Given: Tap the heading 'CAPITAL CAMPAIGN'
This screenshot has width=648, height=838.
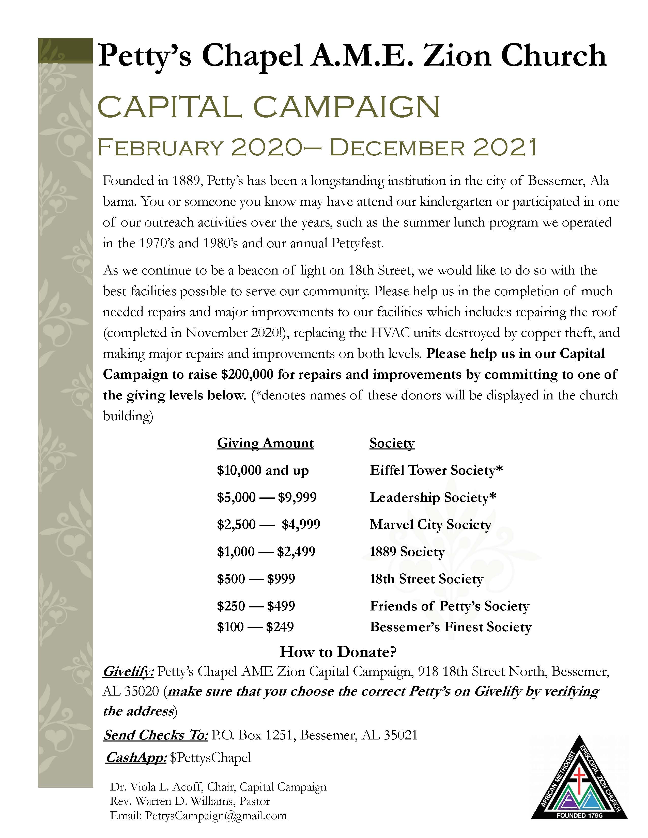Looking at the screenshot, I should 269,107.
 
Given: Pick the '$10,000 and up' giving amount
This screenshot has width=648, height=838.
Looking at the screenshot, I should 263,470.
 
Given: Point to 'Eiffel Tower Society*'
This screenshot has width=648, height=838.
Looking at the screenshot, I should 436,470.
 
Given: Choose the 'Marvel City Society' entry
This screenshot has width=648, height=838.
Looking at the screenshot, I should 430,525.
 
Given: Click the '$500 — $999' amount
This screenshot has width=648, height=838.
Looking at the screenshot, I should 256,579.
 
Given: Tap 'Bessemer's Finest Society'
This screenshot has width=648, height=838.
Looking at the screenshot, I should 450,627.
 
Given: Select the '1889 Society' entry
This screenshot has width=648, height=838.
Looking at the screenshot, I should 407,552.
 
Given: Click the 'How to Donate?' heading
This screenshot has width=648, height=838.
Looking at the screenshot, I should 338,652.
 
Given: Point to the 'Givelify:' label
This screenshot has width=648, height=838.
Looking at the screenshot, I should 129,671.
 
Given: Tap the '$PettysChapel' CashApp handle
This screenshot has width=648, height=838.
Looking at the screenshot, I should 210,758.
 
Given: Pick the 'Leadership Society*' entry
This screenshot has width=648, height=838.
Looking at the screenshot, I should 433,498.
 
